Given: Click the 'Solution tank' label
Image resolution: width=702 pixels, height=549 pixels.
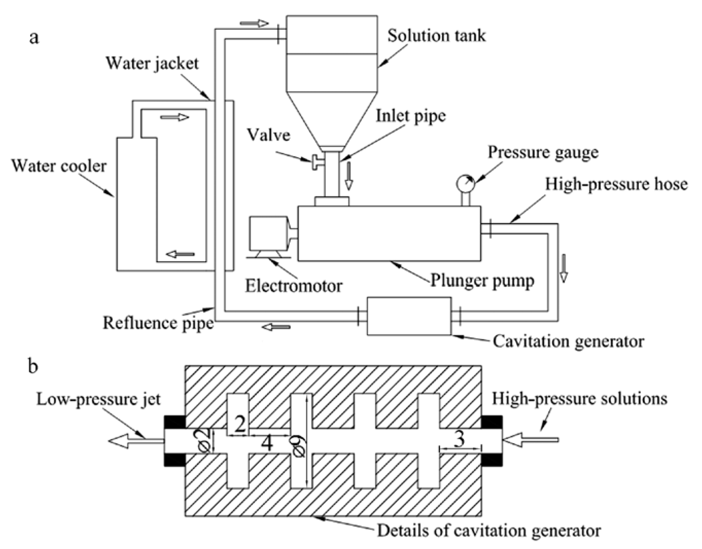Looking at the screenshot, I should [437, 35].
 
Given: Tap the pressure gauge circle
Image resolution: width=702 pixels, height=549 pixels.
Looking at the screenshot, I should [465, 184].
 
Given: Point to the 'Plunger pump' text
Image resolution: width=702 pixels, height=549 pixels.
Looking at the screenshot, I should [482, 280].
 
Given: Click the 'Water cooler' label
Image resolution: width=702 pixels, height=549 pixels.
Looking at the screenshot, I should [59, 166].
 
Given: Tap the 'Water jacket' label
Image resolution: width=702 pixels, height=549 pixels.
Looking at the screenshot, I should [152, 63].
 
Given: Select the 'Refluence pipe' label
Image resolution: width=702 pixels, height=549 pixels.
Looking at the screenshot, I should [158, 323].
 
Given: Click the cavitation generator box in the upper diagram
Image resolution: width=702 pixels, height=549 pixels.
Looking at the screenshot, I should [409, 316].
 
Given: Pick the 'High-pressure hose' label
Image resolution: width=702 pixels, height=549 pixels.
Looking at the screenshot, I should [616, 184].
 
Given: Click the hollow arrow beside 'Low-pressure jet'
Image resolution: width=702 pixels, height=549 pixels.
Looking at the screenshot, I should [135, 441].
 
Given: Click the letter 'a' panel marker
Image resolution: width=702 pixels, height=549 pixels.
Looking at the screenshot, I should [34, 38].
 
